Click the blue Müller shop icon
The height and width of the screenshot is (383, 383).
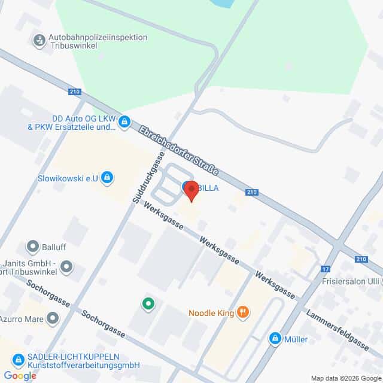[x=275, y=339]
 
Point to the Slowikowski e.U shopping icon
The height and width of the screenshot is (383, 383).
[x=107, y=177]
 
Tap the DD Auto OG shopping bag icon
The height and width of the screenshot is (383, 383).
[x=124, y=122]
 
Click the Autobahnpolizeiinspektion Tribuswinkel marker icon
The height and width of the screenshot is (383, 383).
[x=39, y=41]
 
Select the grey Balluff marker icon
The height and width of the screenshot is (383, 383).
[x=33, y=246]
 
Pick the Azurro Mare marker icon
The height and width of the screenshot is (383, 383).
[x=53, y=317]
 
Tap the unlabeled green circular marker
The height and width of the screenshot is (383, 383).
[x=148, y=304]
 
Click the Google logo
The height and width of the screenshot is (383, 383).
[x=19, y=375]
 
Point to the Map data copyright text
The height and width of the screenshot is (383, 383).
[x=346, y=378]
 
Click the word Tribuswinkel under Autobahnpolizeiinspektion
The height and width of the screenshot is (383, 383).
[x=74, y=47]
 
